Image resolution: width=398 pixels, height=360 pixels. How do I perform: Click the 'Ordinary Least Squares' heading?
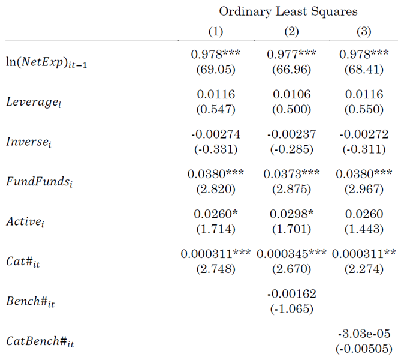pos(288,11)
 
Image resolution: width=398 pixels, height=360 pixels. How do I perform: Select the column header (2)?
pos(291,32)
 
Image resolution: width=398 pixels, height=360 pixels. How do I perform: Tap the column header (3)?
pos(364,32)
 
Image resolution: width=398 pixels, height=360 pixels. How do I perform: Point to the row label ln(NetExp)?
pos(46,62)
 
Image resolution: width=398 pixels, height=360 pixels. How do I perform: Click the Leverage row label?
pos(34,102)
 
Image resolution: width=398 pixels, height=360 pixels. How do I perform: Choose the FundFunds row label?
pos(40,182)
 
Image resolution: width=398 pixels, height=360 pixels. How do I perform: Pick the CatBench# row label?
pos(40,341)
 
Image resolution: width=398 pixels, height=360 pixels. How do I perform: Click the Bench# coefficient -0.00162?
pos(292,294)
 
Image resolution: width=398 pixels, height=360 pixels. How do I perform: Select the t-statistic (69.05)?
pos(216,70)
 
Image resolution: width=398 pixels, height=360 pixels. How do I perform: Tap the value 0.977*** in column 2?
pos(291,54)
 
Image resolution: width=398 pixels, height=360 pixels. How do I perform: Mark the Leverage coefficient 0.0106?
pos(292,94)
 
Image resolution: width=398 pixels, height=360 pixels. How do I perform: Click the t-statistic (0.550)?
pos(364,109)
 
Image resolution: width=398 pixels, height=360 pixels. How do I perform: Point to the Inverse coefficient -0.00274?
pos(216,134)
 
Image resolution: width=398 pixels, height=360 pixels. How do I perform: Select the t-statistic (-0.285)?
pos(292,149)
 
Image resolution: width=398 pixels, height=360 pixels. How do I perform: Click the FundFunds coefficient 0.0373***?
pos(291,174)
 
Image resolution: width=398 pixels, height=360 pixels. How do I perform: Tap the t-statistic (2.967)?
pos(364,189)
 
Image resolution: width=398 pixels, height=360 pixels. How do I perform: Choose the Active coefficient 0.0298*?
pos(292,214)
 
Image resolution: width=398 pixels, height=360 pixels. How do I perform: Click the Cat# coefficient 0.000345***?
pos(291,254)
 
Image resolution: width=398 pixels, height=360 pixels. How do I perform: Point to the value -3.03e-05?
pos(364,334)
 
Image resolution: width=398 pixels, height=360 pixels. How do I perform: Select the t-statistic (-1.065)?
pos(292,309)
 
